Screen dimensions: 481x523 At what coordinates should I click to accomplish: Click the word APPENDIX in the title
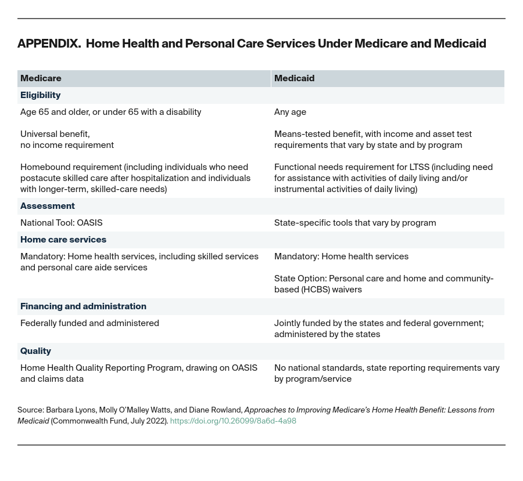[x=49, y=44]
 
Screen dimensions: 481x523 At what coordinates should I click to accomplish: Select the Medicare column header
[x=41, y=78]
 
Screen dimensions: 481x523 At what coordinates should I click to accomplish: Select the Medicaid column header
[x=294, y=78]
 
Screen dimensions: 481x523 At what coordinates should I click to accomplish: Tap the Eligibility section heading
[x=40, y=95]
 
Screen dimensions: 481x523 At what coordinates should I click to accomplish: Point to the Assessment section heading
[x=47, y=206]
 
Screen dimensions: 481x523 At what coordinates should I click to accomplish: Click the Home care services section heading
[x=63, y=240]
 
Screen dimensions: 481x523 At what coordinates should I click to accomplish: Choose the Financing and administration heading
[x=83, y=306]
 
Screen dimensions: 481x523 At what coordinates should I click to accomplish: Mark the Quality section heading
[x=35, y=351]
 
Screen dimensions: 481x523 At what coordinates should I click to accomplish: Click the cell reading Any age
[x=290, y=112]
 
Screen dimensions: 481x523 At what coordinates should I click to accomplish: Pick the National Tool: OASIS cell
[x=61, y=223]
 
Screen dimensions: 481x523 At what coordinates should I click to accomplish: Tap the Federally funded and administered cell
[x=89, y=323]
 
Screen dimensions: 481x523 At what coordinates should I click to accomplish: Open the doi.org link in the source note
[x=233, y=421]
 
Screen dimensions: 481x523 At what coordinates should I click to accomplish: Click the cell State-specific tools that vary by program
[x=354, y=223]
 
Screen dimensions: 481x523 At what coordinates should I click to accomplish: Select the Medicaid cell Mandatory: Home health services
[x=341, y=256]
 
